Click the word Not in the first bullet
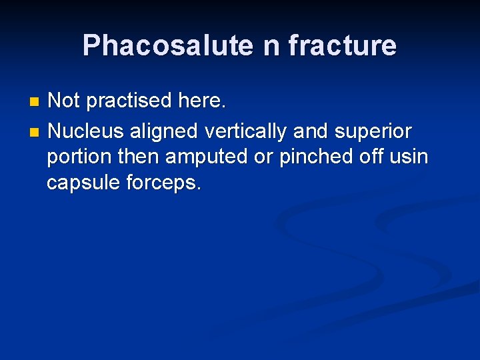point(64,101)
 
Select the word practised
point(129,101)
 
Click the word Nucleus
point(86,131)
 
